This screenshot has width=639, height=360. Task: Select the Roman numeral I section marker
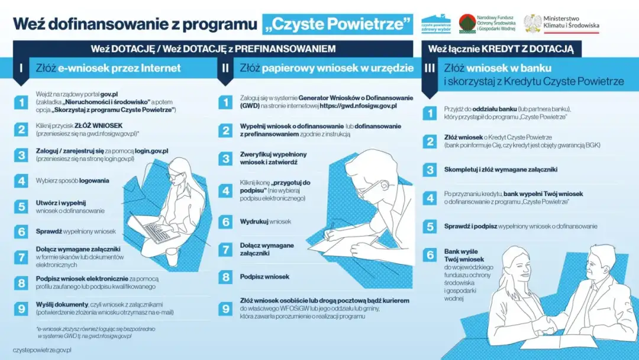[x=21, y=68]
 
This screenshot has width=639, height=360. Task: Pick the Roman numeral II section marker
[x=225, y=68]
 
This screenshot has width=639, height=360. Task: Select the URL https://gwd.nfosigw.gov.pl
[x=358, y=105]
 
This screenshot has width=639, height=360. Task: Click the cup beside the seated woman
[x=172, y=256]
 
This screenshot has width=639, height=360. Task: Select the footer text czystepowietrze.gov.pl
[x=42, y=350]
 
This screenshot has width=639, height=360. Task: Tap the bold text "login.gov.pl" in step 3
[x=151, y=152]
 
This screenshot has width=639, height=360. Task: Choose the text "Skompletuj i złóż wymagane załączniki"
[x=501, y=169]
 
